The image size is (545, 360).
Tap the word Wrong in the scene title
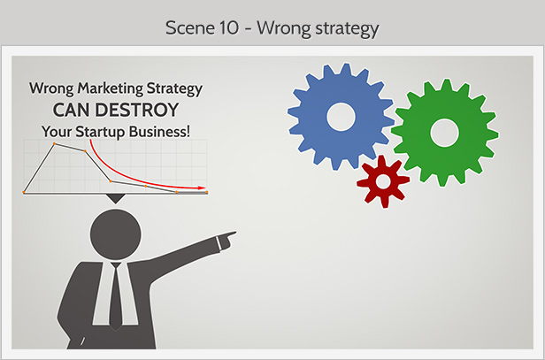pyautogui.click(x=284, y=28)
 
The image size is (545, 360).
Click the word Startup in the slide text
pyautogui.click(x=100, y=133)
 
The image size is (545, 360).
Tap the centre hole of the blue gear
pyautogui.click(x=341, y=117)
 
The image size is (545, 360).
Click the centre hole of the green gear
pyautogui.click(x=444, y=133)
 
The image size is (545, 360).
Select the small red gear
pyautogui.click(x=383, y=181)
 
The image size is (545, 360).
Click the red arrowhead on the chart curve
pyautogui.click(x=203, y=188)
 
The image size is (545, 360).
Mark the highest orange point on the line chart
pyautogui.click(x=54, y=143)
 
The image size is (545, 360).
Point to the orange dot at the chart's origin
pyautogui.click(x=24, y=192)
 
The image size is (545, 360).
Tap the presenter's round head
pyautogui.click(x=116, y=234)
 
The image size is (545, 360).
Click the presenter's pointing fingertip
pyautogui.click(x=235, y=233)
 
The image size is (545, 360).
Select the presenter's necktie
pyautogui.click(x=116, y=296)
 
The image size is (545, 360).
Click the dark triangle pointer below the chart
pyautogui.click(x=116, y=198)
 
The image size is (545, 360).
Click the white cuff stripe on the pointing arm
pyautogui.click(x=219, y=242)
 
